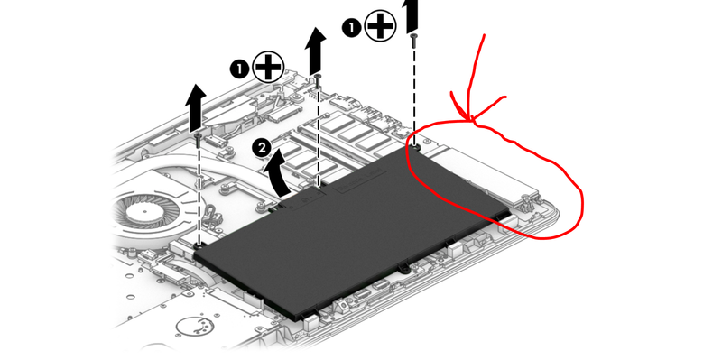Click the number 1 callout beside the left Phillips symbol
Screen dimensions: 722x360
coord(238,70)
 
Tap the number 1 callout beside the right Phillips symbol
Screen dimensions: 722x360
coord(350,28)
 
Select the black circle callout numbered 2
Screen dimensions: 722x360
coord(262,149)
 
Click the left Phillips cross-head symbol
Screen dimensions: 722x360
coord(268,67)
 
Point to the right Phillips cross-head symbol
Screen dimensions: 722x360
coord(380,25)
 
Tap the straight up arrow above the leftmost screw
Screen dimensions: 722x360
coord(195,107)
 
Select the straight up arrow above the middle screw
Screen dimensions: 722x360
coord(315,51)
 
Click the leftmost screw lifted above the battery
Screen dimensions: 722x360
coord(198,140)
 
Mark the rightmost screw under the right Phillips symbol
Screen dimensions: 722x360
coord(414,40)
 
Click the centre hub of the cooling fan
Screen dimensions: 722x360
coord(144,212)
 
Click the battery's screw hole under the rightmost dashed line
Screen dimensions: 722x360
coord(416,148)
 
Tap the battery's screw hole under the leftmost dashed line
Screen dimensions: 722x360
coord(199,246)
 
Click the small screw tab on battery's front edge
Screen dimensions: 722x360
coord(403,267)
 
